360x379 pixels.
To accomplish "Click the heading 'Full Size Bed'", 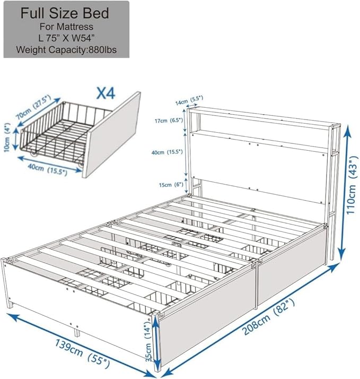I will (66, 13).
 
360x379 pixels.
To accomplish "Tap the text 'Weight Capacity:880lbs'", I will (66, 50).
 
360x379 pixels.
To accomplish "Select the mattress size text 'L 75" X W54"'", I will (66, 38).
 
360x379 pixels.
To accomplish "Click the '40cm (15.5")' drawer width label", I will (43, 170).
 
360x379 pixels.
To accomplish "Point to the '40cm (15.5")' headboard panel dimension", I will (167, 152).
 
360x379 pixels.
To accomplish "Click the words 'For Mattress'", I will (66, 27).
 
